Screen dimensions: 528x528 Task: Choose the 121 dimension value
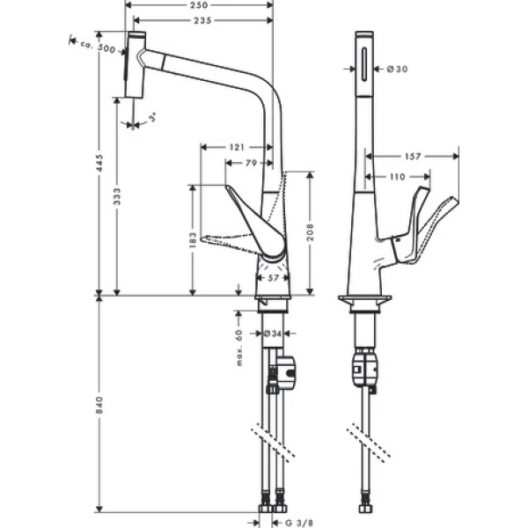(235, 147)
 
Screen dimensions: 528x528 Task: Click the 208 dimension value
(311, 233)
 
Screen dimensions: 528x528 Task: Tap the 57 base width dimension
(273, 277)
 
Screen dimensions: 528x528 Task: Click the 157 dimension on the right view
(414, 157)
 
